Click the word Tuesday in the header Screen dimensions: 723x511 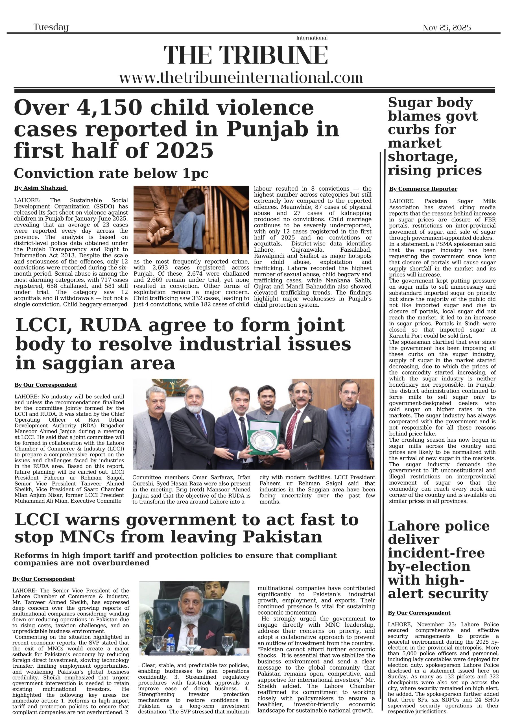[x=51, y=27]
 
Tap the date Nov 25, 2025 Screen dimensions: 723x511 [x=446, y=28]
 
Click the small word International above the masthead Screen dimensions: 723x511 [x=312, y=38]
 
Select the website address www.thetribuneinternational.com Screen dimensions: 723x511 [x=241, y=77]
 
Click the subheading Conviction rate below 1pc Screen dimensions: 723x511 [x=111, y=173]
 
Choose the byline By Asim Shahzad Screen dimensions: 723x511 [x=40, y=188]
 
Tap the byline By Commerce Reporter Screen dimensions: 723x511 [x=423, y=189]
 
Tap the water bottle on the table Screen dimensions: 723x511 [x=170, y=643]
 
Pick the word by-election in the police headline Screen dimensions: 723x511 [x=429, y=567]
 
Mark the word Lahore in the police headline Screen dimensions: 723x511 [x=415, y=526]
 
